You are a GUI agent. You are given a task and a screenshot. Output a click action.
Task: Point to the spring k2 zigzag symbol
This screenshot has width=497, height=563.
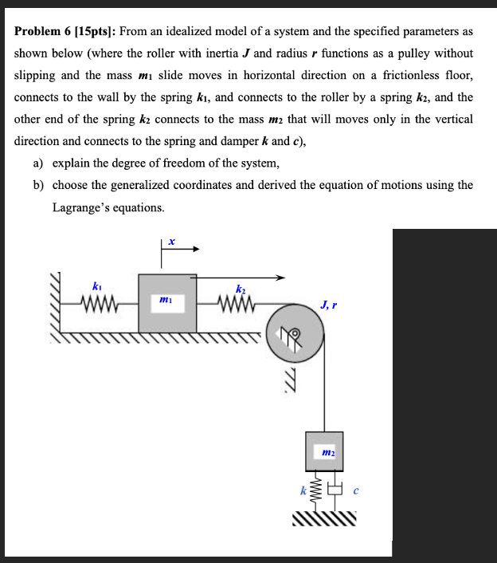pyautogui.click(x=236, y=304)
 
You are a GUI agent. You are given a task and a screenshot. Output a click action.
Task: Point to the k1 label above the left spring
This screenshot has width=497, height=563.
pyautogui.click(x=97, y=286)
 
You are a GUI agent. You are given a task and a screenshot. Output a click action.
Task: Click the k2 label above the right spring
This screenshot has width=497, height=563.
pyautogui.click(x=240, y=288)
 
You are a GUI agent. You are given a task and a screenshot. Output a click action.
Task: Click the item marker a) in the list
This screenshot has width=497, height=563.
pyautogui.click(x=37, y=163)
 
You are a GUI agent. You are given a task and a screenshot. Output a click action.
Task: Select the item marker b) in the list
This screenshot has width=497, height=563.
pyautogui.click(x=37, y=185)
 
